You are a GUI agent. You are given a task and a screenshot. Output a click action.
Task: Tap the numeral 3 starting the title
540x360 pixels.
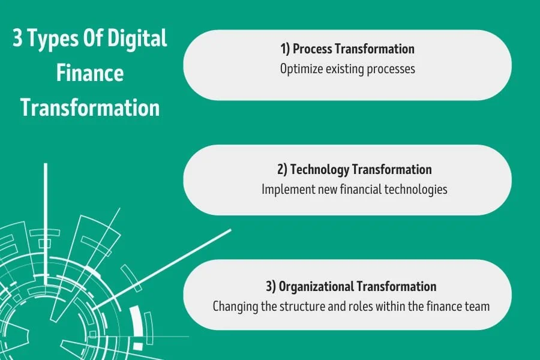(17, 40)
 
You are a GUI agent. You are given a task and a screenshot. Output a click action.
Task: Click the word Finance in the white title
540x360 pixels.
(90, 74)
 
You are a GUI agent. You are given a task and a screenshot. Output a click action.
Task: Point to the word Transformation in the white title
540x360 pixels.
(90, 108)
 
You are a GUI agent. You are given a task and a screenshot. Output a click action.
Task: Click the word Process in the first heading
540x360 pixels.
(313, 49)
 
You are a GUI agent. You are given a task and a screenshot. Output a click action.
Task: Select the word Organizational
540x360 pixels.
(316, 286)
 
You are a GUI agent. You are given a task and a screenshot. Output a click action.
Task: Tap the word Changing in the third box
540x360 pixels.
(235, 306)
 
